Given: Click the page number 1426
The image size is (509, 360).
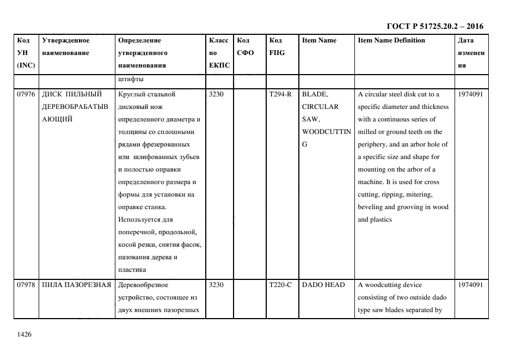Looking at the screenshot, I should point(24,334).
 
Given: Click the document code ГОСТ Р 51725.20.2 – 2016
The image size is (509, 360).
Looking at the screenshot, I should point(434,26).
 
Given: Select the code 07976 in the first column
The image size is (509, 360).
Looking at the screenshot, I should point(26,94).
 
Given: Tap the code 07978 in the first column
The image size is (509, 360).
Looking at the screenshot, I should point(26,285).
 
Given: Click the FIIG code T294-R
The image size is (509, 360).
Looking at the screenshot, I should point(280,94).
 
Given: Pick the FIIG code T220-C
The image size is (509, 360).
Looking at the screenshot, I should point(280,285).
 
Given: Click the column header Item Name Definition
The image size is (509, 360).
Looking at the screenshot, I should point(391,40).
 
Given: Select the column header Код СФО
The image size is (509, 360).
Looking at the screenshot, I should point(246,46).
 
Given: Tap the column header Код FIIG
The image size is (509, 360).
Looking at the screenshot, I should point(277,46).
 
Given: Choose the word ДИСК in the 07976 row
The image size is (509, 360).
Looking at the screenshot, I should point(52,94).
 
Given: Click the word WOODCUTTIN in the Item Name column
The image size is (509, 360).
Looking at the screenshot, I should point(326,132).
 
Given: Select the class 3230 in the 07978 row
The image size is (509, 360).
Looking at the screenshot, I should point(216,285).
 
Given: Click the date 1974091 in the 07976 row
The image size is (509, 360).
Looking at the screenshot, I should point(470,94).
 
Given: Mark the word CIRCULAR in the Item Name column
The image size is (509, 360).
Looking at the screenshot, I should point(320,107).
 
